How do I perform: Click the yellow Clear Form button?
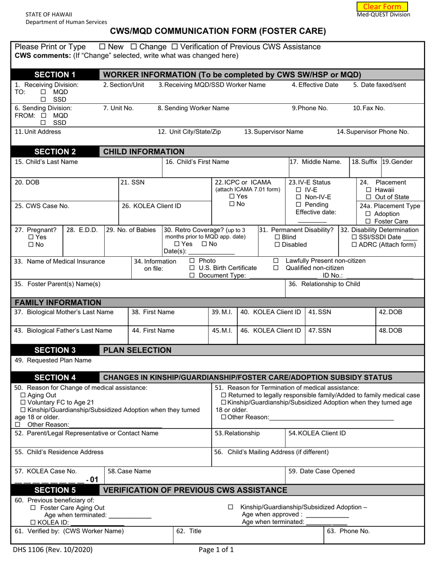coord(382,6)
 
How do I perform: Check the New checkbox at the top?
coord(102,47)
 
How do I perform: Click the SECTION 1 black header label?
coord(55,74)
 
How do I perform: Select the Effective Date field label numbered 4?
coord(315,85)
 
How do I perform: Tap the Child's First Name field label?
coord(197,162)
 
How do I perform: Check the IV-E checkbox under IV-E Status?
coord(299,190)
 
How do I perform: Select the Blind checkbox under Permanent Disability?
coord(277,237)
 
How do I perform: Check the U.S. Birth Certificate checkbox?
coord(192,268)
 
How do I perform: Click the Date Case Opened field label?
coord(321,471)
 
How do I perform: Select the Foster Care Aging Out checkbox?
coord(33,508)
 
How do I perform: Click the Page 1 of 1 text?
coord(216,549)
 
